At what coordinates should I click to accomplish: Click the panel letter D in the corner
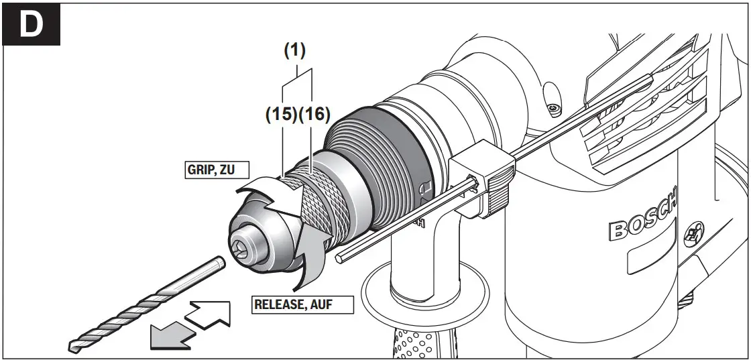pyautogui.click(x=31, y=24)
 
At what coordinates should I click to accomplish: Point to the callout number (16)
pyautogui.click(x=314, y=115)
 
